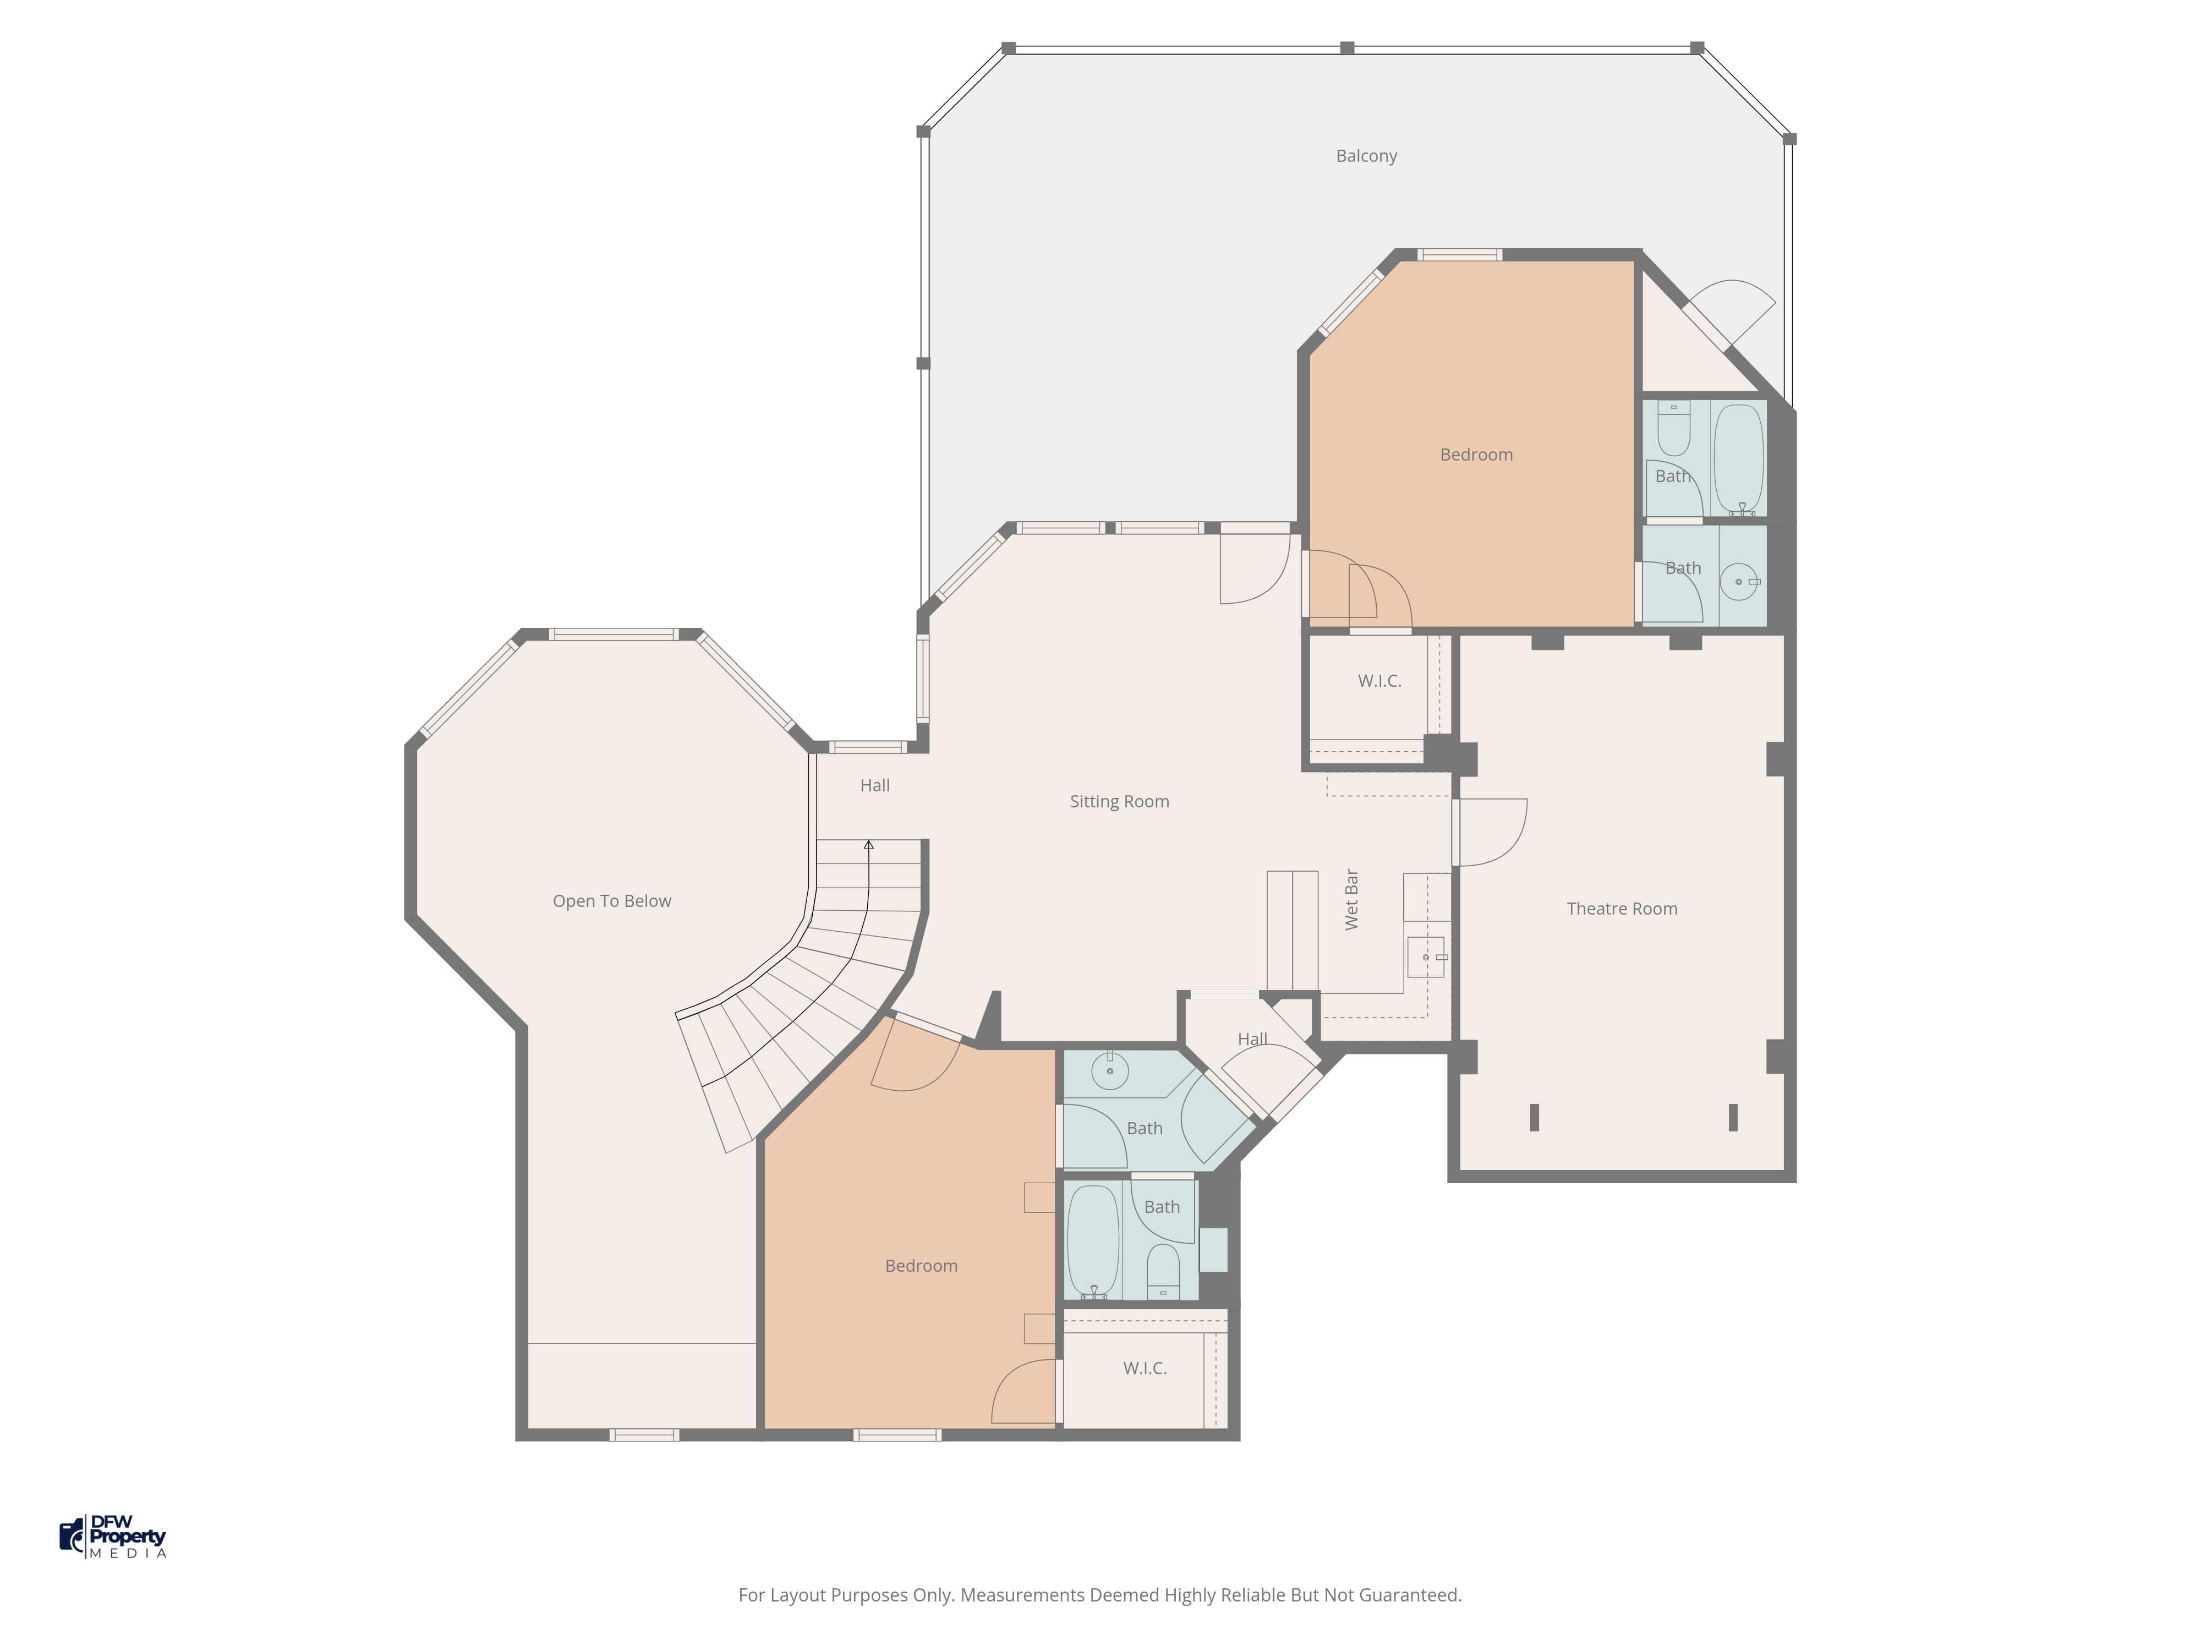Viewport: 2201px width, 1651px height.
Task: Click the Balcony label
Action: click(1366, 156)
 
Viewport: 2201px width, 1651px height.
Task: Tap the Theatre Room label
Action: click(1622, 909)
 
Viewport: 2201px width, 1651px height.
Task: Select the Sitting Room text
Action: click(1119, 801)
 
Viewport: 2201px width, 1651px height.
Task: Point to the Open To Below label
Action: click(612, 901)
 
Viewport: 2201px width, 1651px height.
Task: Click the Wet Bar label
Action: click(1351, 900)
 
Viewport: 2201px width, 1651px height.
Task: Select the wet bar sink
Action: click(1426, 956)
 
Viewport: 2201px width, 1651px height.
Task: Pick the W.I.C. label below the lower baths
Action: click(1145, 1368)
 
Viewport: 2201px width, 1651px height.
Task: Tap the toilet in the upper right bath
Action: click(1674, 428)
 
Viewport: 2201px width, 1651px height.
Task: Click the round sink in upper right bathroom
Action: click(1739, 581)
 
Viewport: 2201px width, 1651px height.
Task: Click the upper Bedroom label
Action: click(1477, 455)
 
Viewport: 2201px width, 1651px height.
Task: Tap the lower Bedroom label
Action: click(922, 1266)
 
